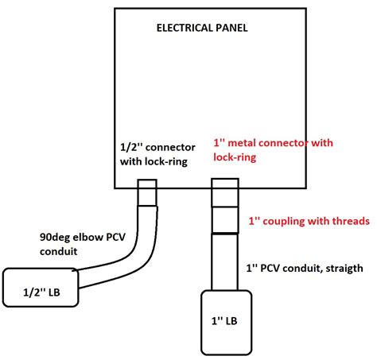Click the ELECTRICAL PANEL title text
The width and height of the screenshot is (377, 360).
[202, 28]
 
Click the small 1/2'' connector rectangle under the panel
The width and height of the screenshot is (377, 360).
[148, 194]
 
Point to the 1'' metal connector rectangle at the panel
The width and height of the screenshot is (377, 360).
[223, 193]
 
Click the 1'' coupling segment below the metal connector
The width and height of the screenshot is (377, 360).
[223, 220]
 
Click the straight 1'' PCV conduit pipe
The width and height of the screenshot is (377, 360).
[223, 262]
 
